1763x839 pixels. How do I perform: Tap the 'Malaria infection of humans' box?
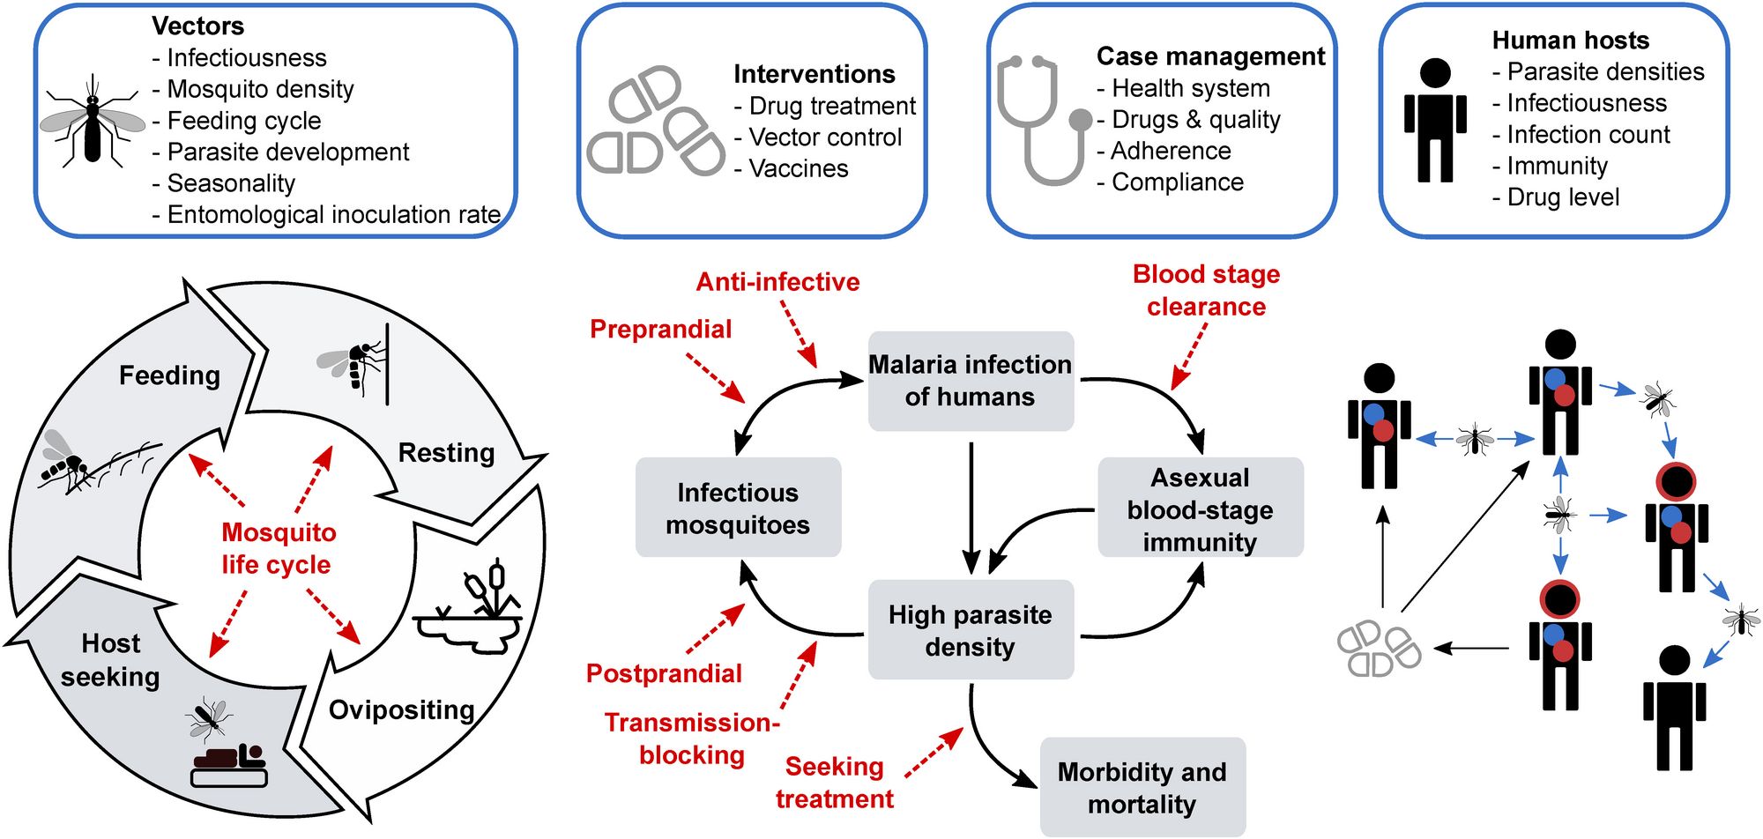[x=971, y=381]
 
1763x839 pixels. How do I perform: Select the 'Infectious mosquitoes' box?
[x=738, y=508]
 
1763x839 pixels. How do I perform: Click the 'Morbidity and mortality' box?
[x=1142, y=787]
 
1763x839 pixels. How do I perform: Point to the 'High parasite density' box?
[x=971, y=629]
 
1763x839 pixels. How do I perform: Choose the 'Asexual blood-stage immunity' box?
[x=1201, y=508]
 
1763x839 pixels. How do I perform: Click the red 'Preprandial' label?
[x=661, y=329]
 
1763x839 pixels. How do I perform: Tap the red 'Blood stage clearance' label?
[x=1207, y=290]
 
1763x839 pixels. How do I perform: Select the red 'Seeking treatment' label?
[x=835, y=783]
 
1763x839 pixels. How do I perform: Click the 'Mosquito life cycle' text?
[x=278, y=547]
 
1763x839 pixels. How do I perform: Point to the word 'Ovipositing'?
[x=402, y=709]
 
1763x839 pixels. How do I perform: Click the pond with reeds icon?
[x=469, y=608]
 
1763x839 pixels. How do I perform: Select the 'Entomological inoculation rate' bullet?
[x=326, y=214]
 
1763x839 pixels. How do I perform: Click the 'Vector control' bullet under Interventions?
[x=817, y=137]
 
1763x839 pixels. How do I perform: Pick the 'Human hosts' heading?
[x=1571, y=40]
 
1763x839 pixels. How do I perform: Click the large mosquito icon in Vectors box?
[x=93, y=122]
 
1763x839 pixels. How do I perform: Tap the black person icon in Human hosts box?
[x=1435, y=120]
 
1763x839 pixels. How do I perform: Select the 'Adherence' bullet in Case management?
[x=1164, y=151]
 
